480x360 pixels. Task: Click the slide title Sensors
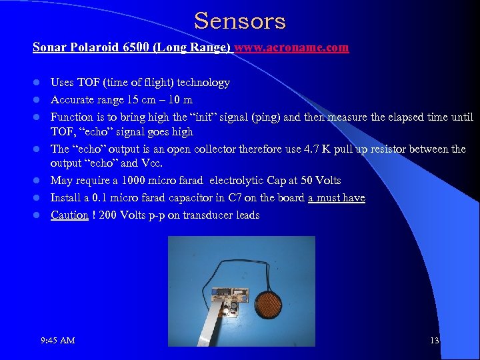click(240, 21)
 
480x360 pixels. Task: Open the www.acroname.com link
click(291, 48)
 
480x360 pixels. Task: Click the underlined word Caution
click(70, 215)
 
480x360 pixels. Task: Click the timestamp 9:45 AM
click(57, 341)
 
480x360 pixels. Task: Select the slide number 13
click(435, 341)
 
